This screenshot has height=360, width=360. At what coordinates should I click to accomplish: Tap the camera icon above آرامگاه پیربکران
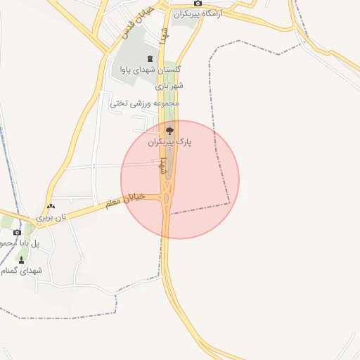click(x=198, y=4)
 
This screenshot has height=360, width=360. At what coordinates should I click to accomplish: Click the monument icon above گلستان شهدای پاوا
click(x=148, y=58)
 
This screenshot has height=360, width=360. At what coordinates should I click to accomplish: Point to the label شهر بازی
click(x=170, y=86)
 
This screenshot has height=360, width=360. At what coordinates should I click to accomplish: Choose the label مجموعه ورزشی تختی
click(x=145, y=103)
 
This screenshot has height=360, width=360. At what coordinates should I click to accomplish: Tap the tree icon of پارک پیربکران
click(x=169, y=131)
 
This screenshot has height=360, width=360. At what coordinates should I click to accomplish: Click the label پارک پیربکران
click(x=169, y=142)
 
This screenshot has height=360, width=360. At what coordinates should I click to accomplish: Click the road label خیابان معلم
click(x=124, y=200)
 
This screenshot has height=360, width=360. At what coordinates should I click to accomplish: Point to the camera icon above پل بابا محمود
click(x=17, y=232)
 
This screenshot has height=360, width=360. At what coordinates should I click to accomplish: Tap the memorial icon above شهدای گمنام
click(x=20, y=259)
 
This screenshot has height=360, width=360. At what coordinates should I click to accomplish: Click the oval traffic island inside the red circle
click(x=166, y=200)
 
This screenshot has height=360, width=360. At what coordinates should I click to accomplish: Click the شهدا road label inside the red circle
click(x=162, y=166)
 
